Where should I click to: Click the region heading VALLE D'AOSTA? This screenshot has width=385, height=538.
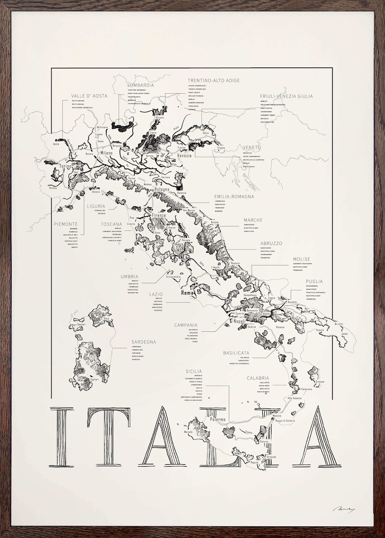pyautogui.click(x=89, y=96)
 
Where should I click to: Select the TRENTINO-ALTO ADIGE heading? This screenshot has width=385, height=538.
pyautogui.click(x=213, y=81)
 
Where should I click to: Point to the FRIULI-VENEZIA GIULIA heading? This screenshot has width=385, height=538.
pyautogui.click(x=286, y=96)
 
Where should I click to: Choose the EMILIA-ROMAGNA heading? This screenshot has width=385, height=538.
pyautogui.click(x=234, y=196)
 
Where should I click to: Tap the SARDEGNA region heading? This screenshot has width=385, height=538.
pyautogui.click(x=144, y=342)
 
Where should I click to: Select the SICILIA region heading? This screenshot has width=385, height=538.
pyautogui.click(x=193, y=372)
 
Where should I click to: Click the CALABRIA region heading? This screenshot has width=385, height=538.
pyautogui.click(x=257, y=378)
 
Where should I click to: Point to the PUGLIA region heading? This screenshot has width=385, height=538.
pyautogui.click(x=314, y=281)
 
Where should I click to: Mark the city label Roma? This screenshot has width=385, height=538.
pyautogui.click(x=187, y=293)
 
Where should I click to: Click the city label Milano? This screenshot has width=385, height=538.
pyautogui.click(x=106, y=153)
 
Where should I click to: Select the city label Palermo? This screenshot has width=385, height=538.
pyautogui.click(x=218, y=419)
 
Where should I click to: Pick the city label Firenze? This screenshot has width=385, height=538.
pyautogui.click(x=159, y=215)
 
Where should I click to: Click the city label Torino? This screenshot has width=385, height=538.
pyautogui.click(x=65, y=166)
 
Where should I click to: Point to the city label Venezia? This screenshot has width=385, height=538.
pyautogui.click(x=184, y=155)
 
